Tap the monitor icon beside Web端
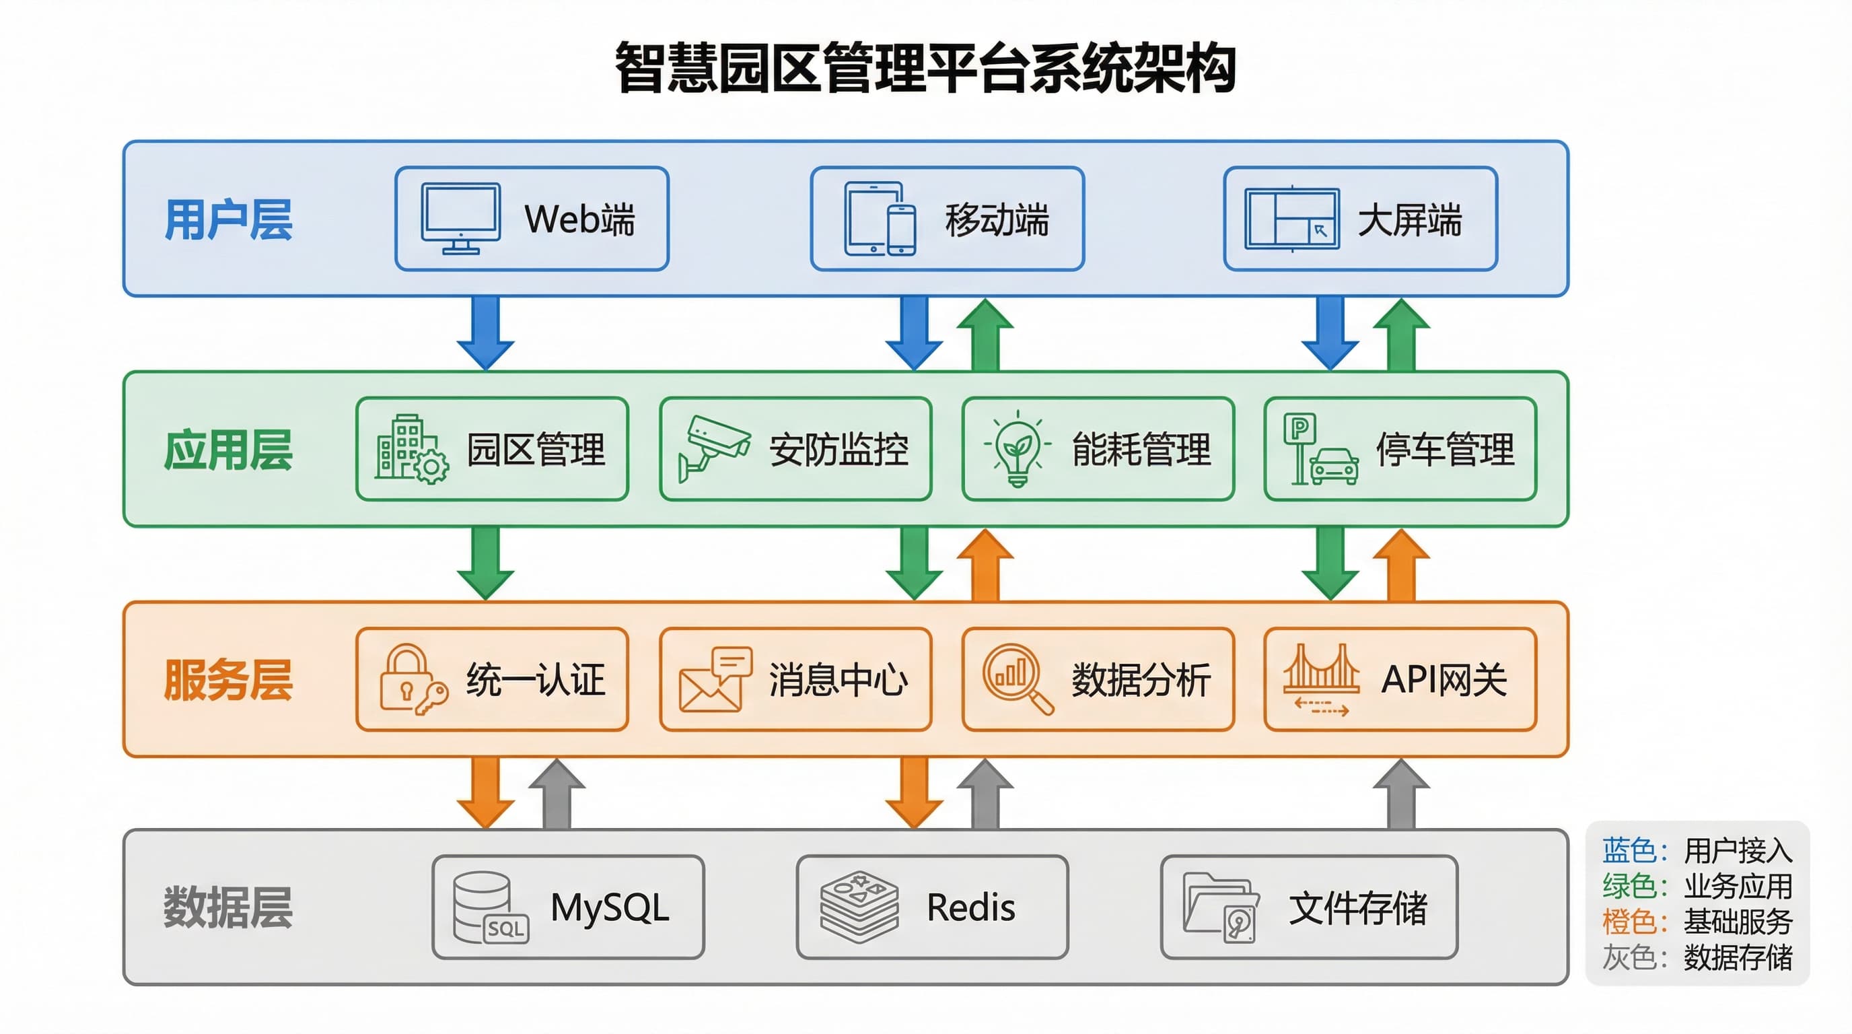460,218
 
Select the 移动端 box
947,219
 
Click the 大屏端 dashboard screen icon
1291,219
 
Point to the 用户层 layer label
228,219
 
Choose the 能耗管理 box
1098,449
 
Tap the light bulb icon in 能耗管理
1017,450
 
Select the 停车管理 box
1400,449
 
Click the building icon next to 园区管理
411,449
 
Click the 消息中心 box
795,679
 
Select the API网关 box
1400,679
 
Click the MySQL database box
568,906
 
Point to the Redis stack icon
859,907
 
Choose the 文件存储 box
1308,906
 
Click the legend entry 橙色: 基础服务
1697,921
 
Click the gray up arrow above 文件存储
1400,795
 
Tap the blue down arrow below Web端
485,332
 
